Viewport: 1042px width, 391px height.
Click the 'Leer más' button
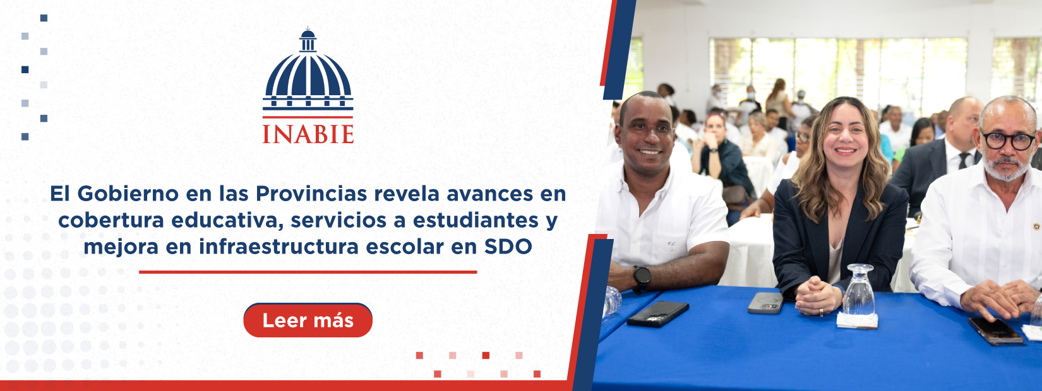308,320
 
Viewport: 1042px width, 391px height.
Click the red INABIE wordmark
308,134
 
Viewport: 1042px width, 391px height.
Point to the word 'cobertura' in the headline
111,221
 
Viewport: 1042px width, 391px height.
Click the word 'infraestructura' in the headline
278,247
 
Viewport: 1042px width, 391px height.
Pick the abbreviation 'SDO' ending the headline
508,247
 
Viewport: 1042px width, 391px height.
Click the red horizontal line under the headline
308,272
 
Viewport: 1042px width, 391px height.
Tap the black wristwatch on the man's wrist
642,277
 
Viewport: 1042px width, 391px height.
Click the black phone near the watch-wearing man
658,313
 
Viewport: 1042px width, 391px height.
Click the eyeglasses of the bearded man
1009,140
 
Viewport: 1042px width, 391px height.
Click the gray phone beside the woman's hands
765,303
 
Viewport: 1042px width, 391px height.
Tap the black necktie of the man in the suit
964,161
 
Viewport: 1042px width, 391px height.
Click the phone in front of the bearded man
996,330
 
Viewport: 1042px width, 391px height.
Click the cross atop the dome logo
308,28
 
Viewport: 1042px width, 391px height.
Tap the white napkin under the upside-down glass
858,320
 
